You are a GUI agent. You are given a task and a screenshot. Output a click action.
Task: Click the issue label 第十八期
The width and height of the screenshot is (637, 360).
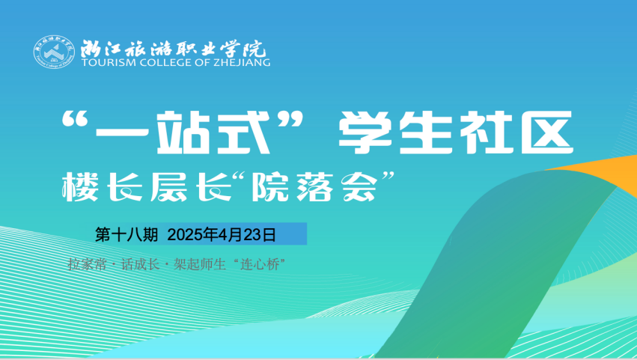127,234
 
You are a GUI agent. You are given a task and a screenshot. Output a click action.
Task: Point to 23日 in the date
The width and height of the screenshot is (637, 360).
260,234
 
